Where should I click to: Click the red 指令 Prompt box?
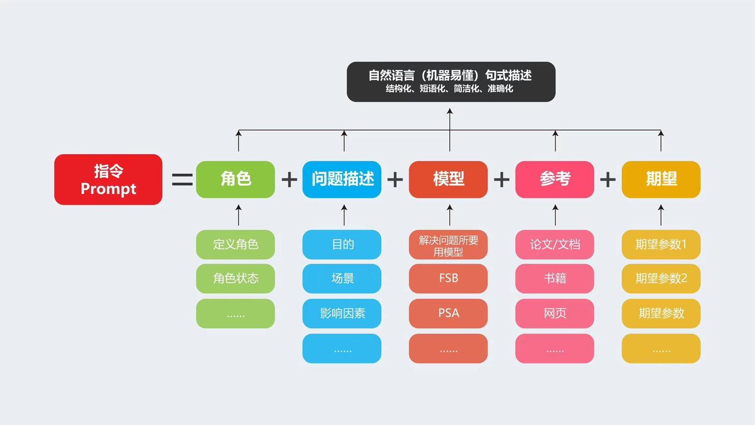pos(108,180)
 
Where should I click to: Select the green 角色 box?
pos(236,180)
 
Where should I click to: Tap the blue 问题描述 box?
pos(342,180)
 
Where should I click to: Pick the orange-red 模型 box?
pos(448,180)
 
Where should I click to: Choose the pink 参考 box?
pos(555,180)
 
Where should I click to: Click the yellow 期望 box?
pos(661,180)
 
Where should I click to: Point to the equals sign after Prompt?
pos(182,180)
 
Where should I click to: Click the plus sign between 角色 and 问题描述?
pos(289,180)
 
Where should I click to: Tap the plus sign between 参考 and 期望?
pos(608,180)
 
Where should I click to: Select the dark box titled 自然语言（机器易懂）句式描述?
pos(451,81)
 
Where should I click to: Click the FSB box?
pos(448,278)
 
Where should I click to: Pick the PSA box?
pos(448,313)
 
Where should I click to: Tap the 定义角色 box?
pos(236,244)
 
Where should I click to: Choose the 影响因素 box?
pos(342,313)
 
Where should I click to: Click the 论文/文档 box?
pos(555,244)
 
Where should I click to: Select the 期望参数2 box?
pos(661,278)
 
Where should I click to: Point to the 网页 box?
pos(555,313)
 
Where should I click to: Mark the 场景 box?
pos(342,278)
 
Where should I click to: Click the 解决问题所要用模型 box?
pos(448,245)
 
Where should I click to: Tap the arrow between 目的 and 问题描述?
pos(344,215)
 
